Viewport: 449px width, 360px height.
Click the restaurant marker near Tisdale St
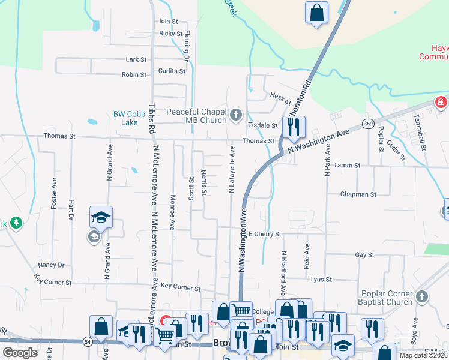click(x=294, y=127)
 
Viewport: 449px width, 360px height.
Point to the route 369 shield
click(x=369, y=124)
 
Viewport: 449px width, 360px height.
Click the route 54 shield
click(x=88, y=341)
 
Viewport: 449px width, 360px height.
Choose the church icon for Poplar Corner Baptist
click(x=422, y=296)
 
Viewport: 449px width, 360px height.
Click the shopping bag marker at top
click(x=317, y=12)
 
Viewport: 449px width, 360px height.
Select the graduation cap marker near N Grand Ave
click(x=101, y=218)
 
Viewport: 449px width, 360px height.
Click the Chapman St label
click(x=358, y=194)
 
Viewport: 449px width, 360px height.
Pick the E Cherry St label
click(x=265, y=233)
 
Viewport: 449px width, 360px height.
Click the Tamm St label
click(x=346, y=165)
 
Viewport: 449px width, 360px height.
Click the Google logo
click(x=20, y=352)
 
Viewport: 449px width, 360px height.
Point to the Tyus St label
click(x=321, y=279)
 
